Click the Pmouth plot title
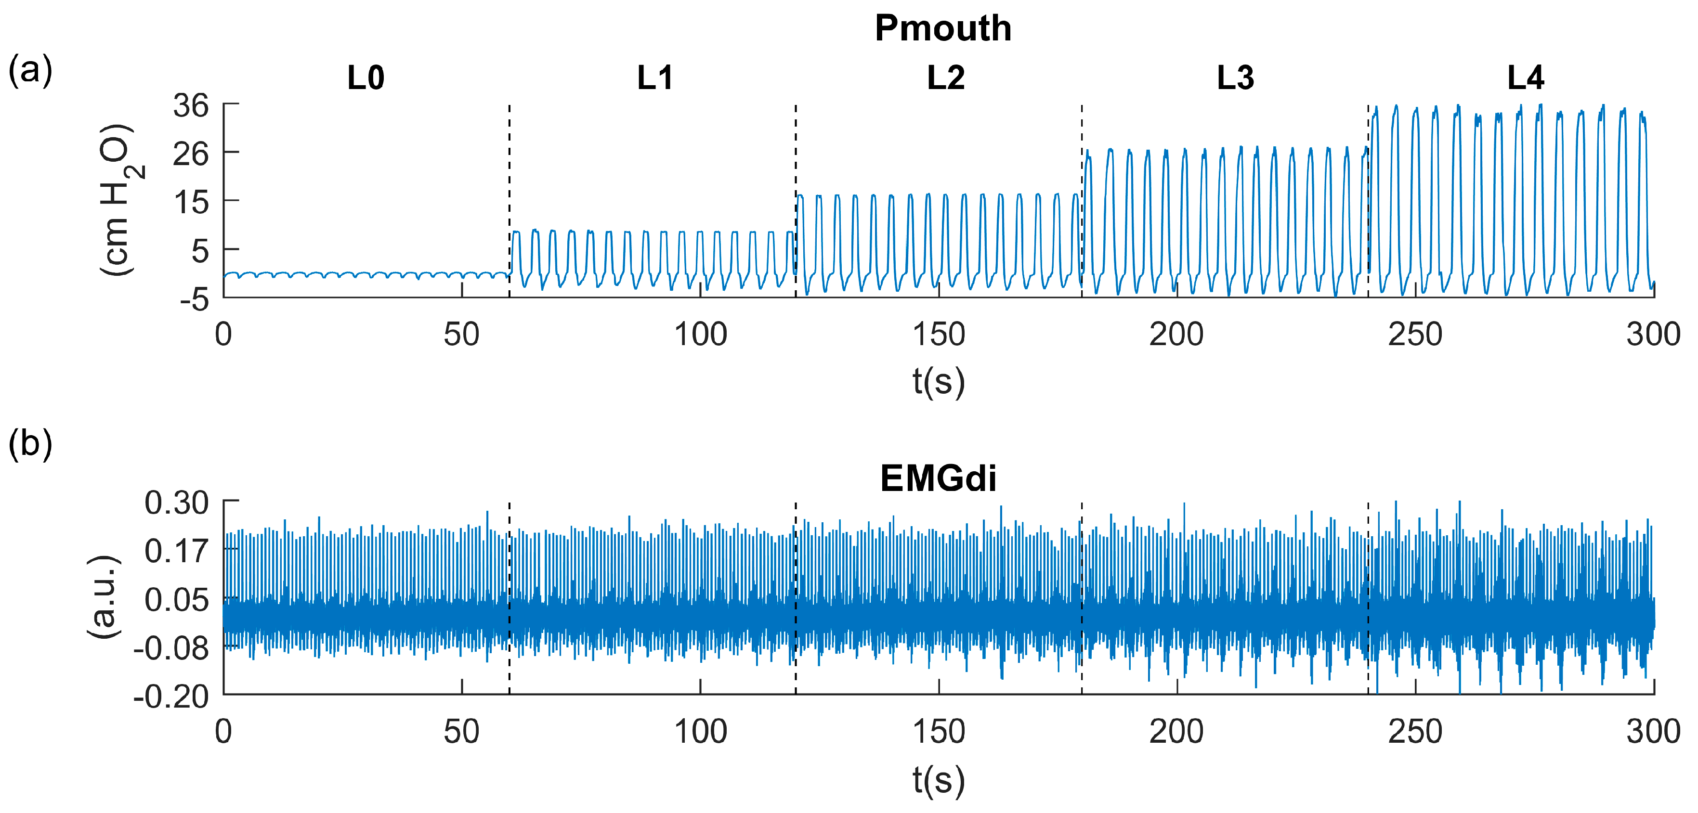point(942,28)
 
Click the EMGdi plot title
point(938,478)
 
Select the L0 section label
point(366,78)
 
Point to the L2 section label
point(946,78)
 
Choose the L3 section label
point(1235,78)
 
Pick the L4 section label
point(1525,78)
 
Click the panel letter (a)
point(30,70)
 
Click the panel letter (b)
point(30,443)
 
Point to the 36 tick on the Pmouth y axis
point(191,105)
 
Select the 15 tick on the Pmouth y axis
point(191,202)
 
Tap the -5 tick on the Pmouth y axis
point(195,299)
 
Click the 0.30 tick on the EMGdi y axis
point(177,503)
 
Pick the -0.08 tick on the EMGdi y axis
point(171,649)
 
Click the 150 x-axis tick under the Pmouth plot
point(938,335)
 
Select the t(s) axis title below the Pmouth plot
point(938,381)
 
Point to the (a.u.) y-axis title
point(104,596)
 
